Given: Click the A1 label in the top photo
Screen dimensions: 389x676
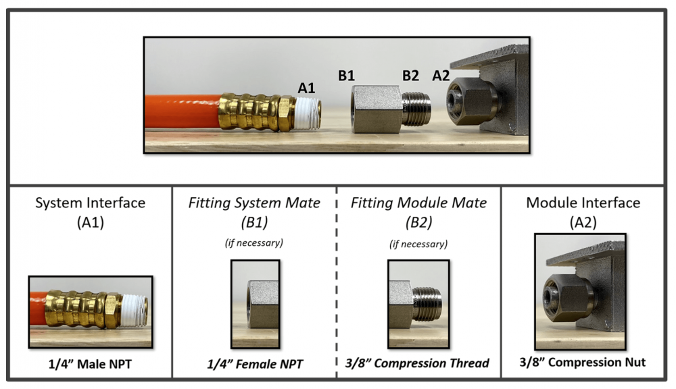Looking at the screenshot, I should (307, 87).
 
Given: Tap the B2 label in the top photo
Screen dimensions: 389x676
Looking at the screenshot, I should (411, 76).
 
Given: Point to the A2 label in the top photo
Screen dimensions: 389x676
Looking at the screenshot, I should (441, 76).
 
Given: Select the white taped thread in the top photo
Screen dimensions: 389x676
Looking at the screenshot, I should (308, 112).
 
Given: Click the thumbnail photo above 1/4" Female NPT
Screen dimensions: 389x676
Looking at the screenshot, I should (255, 304).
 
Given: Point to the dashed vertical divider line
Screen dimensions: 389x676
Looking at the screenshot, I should (337, 284).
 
